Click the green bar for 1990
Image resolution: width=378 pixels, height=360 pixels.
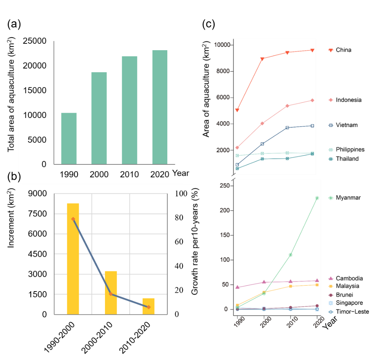pyautogui.click(x=69, y=139)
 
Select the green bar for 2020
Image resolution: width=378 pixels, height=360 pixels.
pyautogui.click(x=160, y=107)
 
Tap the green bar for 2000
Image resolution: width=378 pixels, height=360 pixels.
pyautogui.click(x=99, y=118)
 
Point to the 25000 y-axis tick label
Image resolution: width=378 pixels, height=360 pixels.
pyautogui.click(x=35, y=41)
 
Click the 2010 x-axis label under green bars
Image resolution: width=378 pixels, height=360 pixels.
pyautogui.click(x=129, y=175)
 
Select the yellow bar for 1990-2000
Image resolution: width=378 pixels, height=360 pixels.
pyautogui.click(x=73, y=259)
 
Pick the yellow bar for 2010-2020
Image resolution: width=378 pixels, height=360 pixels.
pyautogui.click(x=149, y=306)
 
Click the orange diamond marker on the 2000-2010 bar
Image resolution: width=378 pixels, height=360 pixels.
pyautogui.click(x=111, y=294)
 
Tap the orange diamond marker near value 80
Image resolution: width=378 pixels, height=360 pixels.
pyautogui.click(x=73, y=219)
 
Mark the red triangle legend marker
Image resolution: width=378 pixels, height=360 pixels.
pyautogui.click(x=331, y=50)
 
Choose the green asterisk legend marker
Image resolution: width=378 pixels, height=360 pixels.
pyautogui.click(x=331, y=198)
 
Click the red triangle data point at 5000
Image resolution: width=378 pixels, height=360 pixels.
pyautogui.click(x=237, y=110)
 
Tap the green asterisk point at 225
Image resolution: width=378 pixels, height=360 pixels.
pyautogui.click(x=317, y=198)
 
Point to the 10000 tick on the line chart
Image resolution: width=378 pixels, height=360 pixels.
pyautogui.click(x=222, y=45)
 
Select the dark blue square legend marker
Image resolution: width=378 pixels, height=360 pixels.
pyautogui.click(x=331, y=125)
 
